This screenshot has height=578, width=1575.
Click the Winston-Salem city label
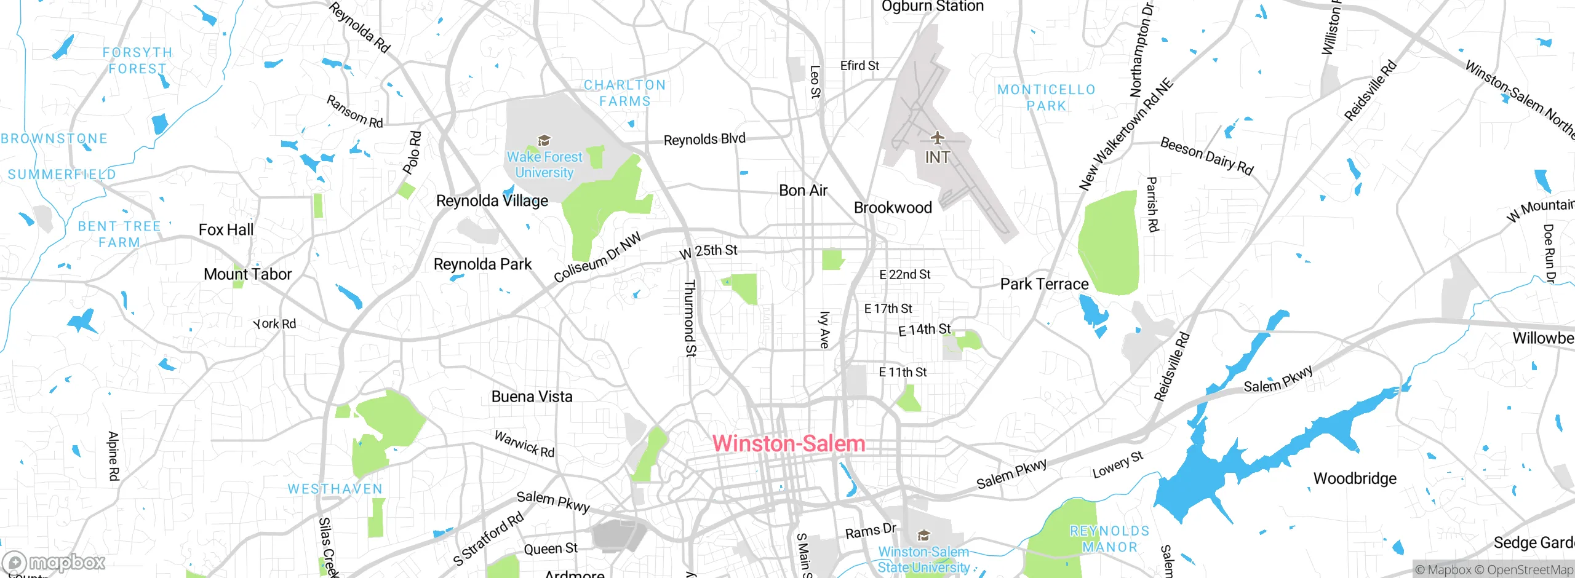(x=789, y=444)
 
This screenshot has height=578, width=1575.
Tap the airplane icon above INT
(x=937, y=137)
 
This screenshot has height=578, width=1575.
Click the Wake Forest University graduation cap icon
(x=544, y=141)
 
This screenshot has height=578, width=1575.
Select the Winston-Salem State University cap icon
(x=923, y=535)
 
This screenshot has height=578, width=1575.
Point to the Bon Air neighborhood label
(x=803, y=191)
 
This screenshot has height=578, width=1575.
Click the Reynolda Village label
(x=492, y=201)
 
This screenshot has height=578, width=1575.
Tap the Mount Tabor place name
(x=247, y=274)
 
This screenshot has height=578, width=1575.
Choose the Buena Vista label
(x=532, y=397)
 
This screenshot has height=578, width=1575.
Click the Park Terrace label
(x=1044, y=284)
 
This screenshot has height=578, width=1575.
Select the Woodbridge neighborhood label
(x=1355, y=478)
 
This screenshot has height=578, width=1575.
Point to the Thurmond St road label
(x=690, y=318)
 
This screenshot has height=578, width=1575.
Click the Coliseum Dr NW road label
(x=597, y=257)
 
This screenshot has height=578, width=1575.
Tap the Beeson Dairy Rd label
(x=1206, y=156)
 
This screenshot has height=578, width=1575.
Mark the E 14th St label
(x=924, y=330)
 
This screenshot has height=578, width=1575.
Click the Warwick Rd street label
(x=524, y=444)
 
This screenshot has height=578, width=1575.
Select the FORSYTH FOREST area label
(x=137, y=61)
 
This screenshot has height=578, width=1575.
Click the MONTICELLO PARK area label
(x=1047, y=98)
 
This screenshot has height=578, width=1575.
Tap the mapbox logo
(x=54, y=562)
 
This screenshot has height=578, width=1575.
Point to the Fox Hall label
(x=226, y=230)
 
